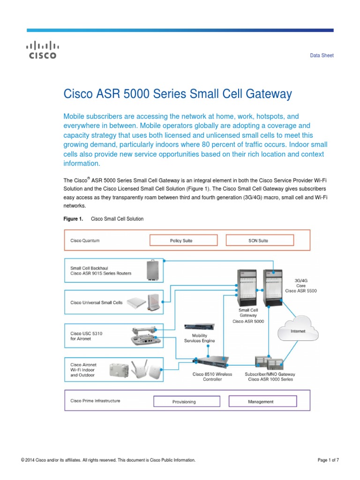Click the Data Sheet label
tap(322, 55)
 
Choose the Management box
tap(262, 401)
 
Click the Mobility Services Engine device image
tap(199, 327)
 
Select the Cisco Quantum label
tap(85, 240)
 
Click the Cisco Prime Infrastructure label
tap(95, 401)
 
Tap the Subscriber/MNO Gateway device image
tap(270, 362)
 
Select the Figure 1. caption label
tap(73, 219)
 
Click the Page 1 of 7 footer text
tap(328, 460)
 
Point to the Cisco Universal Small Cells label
tap(96, 302)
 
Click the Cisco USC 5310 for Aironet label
tap(86, 336)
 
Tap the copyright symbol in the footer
tap(22, 460)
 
